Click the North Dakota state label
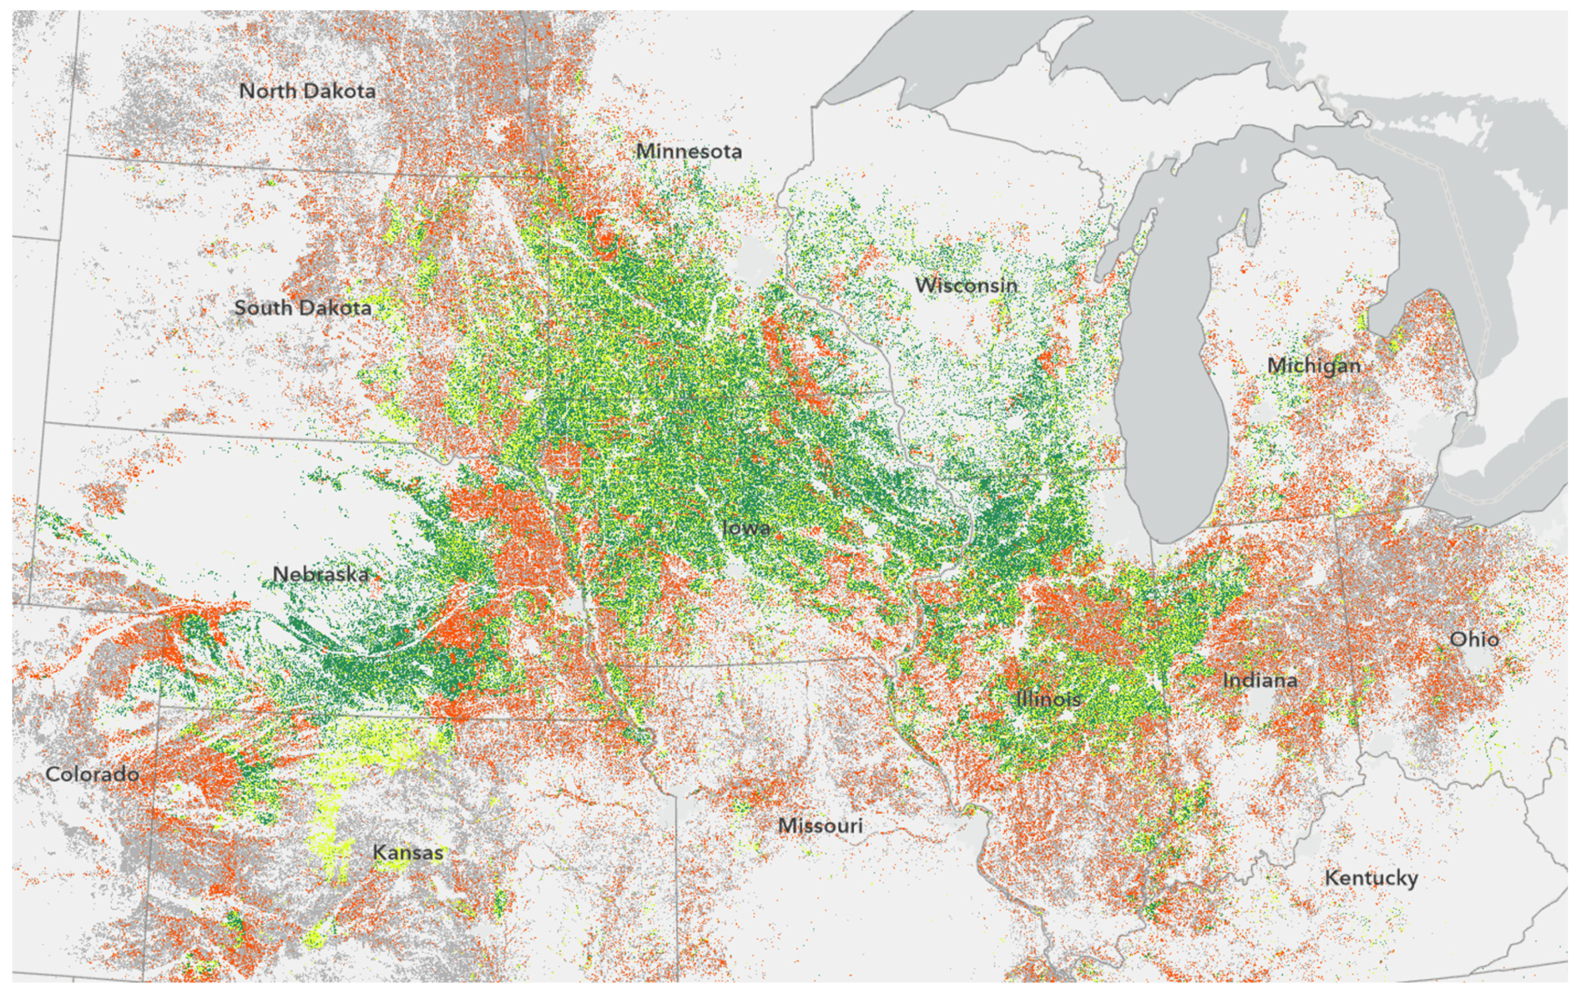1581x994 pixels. pyautogui.click(x=307, y=91)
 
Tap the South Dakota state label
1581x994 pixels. pyautogui.click(x=303, y=308)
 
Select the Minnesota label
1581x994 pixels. pyautogui.click(x=689, y=152)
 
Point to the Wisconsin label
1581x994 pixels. pyautogui.click(x=966, y=286)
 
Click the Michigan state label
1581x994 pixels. pyautogui.click(x=1314, y=366)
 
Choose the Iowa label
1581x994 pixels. pyautogui.click(x=746, y=529)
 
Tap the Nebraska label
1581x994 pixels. pyautogui.click(x=320, y=574)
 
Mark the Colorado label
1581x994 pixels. pyautogui.click(x=92, y=774)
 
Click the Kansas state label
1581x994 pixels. pyautogui.click(x=408, y=854)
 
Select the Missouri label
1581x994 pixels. pyautogui.click(x=820, y=826)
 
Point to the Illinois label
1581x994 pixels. pyautogui.click(x=1048, y=699)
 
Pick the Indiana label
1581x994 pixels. pyautogui.click(x=1260, y=681)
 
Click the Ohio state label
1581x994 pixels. pyautogui.click(x=1474, y=639)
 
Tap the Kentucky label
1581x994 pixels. pyautogui.click(x=1371, y=879)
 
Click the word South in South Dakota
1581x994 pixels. pyautogui.click(x=260, y=308)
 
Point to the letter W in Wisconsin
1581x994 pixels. pyautogui.click(x=926, y=286)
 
